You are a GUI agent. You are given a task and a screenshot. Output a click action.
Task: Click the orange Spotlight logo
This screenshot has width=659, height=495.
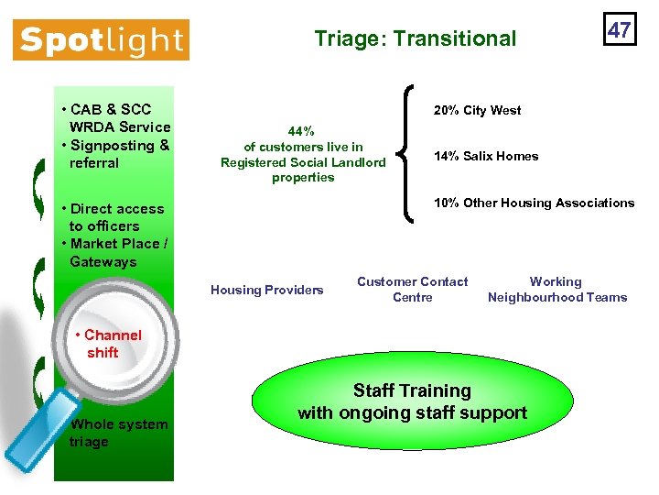pos(101,40)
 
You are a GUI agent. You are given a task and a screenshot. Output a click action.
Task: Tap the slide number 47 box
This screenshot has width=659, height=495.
pos(619,29)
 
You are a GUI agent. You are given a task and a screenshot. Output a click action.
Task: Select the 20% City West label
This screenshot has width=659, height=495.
pos(477,111)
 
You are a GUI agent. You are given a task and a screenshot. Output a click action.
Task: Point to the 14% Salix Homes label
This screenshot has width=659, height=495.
pos(486,157)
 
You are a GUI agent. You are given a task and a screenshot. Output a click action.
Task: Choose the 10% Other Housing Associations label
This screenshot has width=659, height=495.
pos(534,203)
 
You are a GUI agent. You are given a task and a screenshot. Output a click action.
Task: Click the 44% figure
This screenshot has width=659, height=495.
pos(302,131)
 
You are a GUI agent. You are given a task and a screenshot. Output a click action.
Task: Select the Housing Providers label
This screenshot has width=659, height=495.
pos(266,291)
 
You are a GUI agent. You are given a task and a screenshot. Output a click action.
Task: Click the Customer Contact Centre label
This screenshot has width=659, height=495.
pos(412,290)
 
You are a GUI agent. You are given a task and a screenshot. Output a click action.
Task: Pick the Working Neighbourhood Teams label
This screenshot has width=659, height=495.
pos(556,290)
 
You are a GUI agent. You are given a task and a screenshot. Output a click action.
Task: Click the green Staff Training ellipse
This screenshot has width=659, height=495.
pos(412,402)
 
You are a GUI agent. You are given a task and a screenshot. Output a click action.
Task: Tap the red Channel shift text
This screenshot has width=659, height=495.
pos(107,344)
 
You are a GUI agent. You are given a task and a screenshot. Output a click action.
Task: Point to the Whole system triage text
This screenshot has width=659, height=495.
pos(117,433)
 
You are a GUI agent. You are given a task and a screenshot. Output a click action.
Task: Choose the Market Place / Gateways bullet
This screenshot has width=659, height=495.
pos(113,253)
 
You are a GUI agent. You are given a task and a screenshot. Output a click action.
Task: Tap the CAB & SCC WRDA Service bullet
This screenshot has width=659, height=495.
pos(115,118)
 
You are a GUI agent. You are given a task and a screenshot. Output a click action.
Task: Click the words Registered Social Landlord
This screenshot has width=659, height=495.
pos(303,162)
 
